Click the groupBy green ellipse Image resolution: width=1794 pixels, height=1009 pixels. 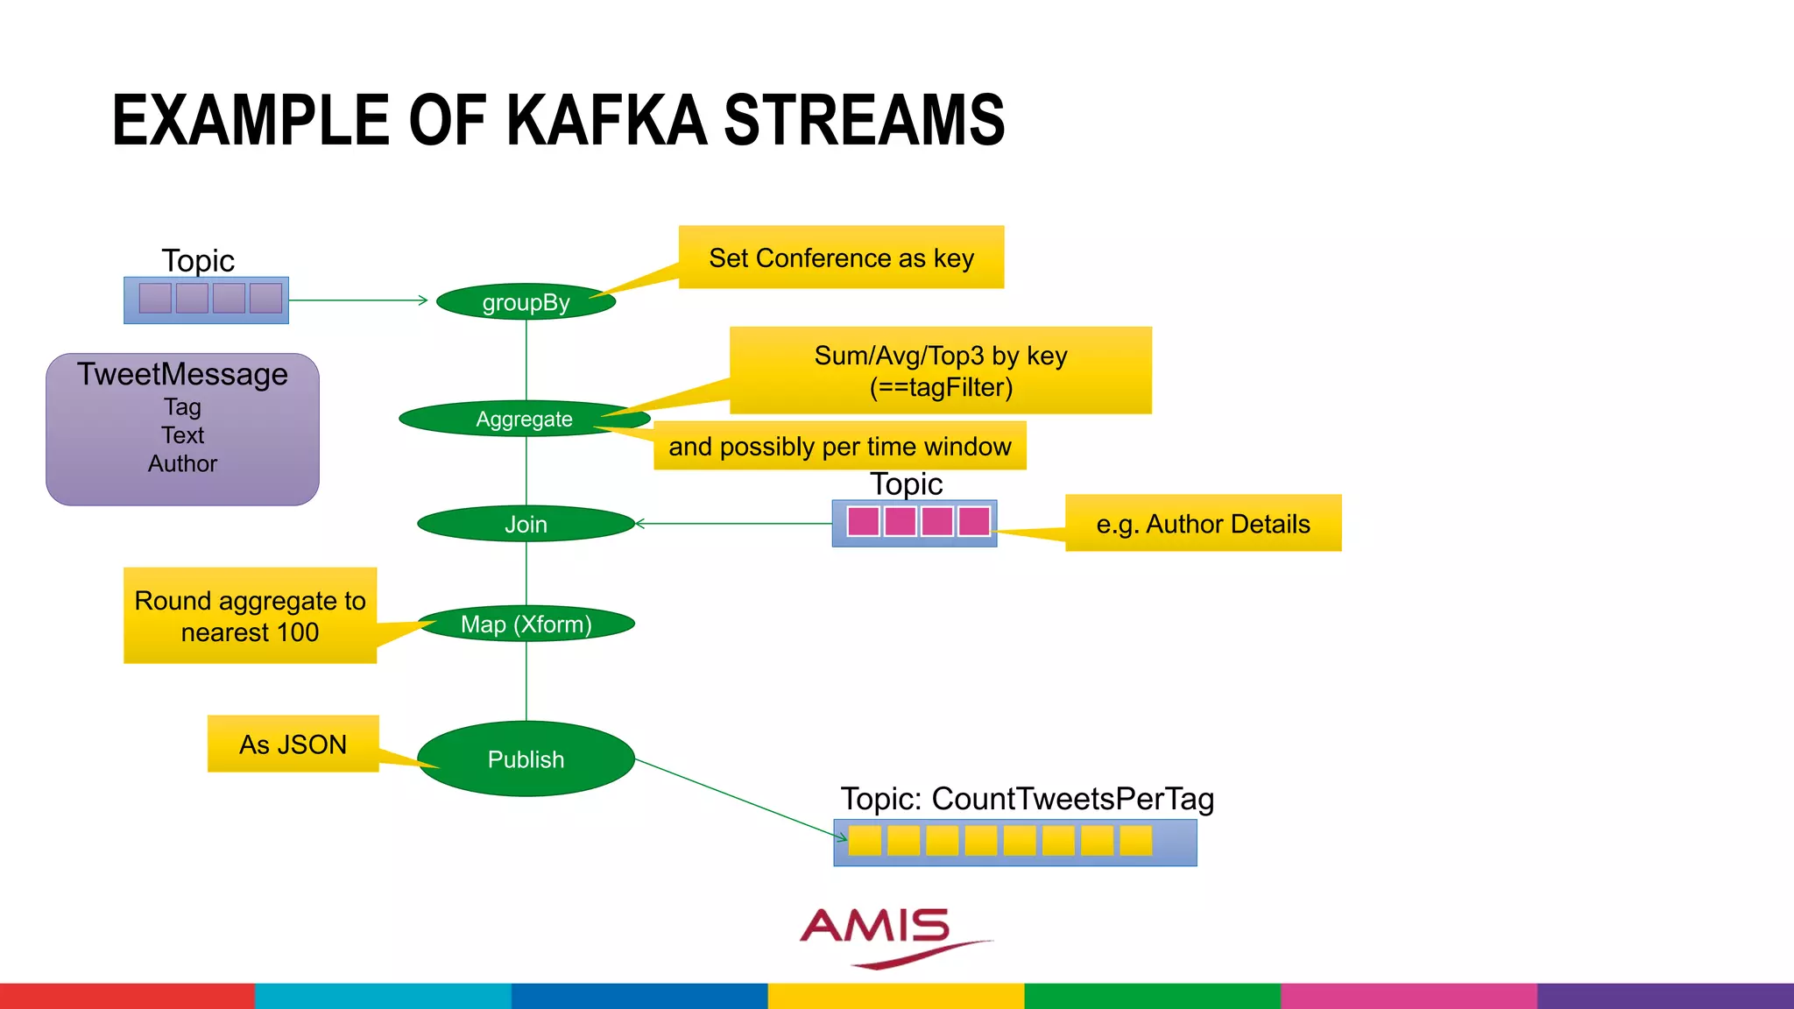pyautogui.click(x=526, y=302)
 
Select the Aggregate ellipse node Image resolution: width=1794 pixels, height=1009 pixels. pyautogui.click(x=524, y=419)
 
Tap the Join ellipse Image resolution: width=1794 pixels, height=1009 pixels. pyautogui.click(x=526, y=524)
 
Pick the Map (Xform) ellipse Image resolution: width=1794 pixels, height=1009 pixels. pyautogui.click(x=526, y=624)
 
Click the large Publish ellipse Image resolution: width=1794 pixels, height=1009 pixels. pyautogui.click(x=526, y=759)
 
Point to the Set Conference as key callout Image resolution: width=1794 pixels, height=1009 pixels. pyautogui.click(x=841, y=258)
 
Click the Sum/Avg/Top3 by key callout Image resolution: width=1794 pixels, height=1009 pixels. pyautogui.click(x=940, y=370)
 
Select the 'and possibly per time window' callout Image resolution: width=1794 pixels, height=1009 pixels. pyautogui.click(x=839, y=447)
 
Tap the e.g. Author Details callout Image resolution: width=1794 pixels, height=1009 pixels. pyautogui.click(x=1203, y=524)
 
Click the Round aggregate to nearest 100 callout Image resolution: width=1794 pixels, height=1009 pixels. pyautogui.click(x=250, y=616)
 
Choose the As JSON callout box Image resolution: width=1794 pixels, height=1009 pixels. pyautogui.click(x=293, y=744)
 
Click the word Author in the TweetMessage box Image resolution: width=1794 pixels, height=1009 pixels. pyautogui.click(x=182, y=463)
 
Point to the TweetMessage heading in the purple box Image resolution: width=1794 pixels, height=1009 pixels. pyautogui.click(x=182, y=374)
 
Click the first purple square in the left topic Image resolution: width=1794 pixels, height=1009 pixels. pyautogui.click(x=155, y=299)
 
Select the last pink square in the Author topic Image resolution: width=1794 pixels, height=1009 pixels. pyautogui.click(x=973, y=521)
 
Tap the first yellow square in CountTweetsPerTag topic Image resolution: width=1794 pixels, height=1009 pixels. pyautogui.click(x=865, y=841)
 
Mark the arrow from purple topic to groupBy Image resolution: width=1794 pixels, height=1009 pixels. pyautogui.click(x=359, y=300)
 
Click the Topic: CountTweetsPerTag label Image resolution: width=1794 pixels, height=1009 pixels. pyautogui.click(x=1027, y=799)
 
